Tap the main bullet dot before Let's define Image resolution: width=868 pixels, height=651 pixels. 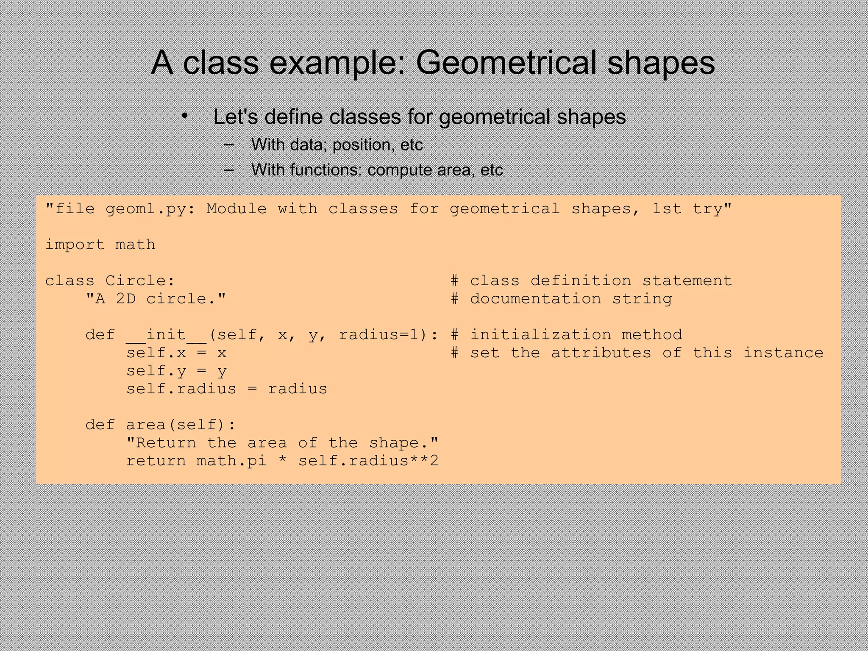184,117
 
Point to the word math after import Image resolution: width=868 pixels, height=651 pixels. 135,245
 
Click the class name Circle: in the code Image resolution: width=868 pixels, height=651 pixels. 140,281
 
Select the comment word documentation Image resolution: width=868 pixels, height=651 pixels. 536,299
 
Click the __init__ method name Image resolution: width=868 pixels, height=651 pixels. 166,335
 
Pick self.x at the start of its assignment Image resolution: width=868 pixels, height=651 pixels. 156,353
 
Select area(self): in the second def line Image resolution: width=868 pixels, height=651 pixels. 181,425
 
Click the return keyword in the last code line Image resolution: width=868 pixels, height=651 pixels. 156,461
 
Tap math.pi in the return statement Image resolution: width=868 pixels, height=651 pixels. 231,461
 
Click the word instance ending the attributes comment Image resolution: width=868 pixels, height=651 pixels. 783,353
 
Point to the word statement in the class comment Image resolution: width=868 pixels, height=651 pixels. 687,281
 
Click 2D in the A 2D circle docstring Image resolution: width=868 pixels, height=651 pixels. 126,299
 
